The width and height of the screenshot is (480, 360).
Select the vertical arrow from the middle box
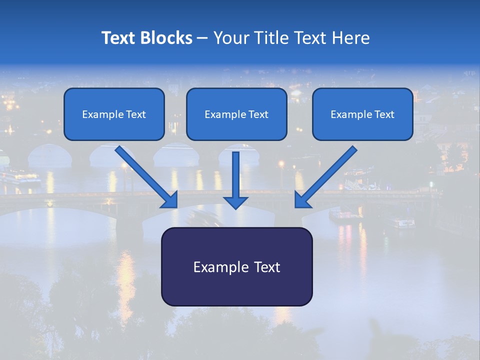click(x=235, y=175)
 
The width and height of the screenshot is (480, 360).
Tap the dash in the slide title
click(x=202, y=38)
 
